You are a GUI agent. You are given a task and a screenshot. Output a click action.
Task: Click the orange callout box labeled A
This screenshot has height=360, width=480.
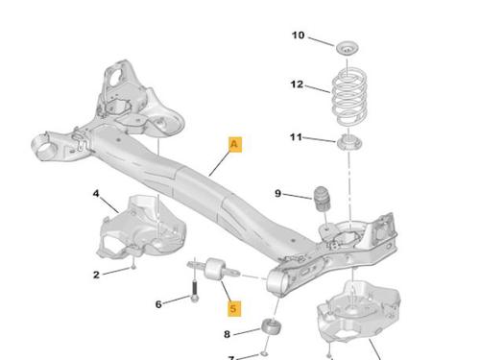click(235, 145)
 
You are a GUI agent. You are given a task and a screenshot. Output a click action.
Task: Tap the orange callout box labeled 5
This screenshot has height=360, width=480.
click(234, 309)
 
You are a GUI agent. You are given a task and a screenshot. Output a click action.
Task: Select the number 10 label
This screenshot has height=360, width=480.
click(298, 36)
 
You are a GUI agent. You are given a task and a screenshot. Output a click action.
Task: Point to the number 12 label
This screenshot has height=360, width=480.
click(297, 84)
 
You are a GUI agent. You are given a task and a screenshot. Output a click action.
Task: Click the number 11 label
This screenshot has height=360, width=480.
click(296, 137)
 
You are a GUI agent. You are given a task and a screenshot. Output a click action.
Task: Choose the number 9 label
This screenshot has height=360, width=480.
click(277, 194)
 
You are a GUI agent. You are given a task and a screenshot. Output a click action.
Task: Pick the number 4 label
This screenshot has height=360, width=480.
click(96, 194)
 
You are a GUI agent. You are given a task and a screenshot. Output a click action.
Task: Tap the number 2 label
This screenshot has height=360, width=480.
click(96, 275)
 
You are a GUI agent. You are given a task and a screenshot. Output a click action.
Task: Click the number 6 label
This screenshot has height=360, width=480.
click(158, 304)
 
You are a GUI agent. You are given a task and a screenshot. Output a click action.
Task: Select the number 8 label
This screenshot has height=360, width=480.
click(227, 334)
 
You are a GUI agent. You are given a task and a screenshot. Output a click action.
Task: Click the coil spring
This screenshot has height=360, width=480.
click(349, 96)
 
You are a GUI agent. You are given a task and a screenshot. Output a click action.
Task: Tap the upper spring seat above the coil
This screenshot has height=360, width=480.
click(347, 49)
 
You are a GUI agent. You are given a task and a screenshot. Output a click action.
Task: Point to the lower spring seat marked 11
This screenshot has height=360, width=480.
click(349, 143)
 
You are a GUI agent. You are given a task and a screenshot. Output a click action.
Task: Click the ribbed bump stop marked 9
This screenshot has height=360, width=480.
click(321, 199)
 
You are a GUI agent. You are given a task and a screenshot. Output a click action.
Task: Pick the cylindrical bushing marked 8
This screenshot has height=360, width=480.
click(271, 326)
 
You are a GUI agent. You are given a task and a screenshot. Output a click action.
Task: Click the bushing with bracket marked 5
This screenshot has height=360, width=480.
click(213, 269)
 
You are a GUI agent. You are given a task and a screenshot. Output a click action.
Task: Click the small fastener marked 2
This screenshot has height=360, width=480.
click(133, 266)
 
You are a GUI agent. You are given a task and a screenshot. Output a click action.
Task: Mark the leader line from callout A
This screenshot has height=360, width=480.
click(219, 164)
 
